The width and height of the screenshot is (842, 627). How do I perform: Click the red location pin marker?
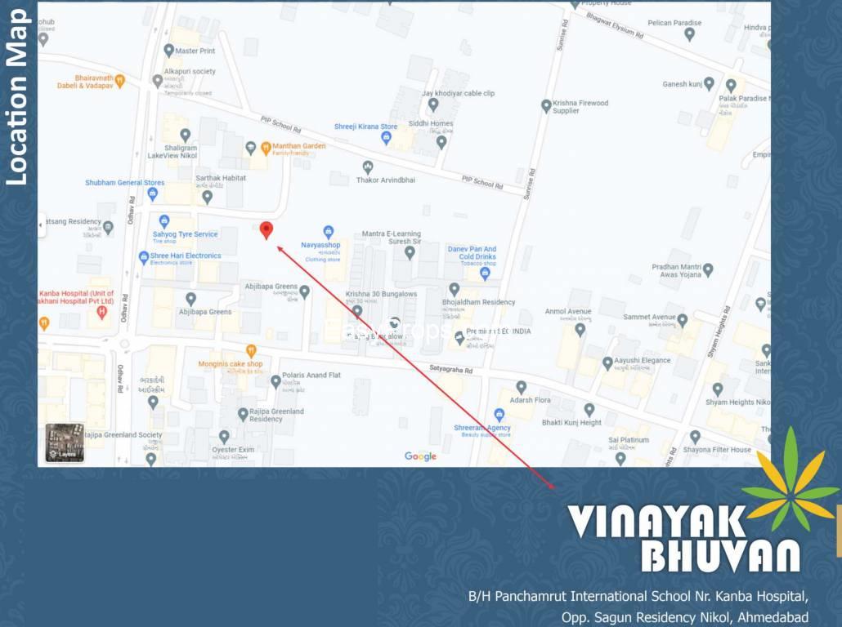click(x=266, y=230)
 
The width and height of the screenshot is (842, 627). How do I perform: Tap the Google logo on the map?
click(x=420, y=456)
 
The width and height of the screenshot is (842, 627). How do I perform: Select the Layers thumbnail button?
click(x=65, y=442)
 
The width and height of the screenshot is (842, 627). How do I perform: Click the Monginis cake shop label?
click(x=231, y=364)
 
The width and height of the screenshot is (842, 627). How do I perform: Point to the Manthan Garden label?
click(x=298, y=146)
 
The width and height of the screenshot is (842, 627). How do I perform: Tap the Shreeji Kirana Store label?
click(x=365, y=127)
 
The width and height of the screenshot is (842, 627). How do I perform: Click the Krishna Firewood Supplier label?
click(x=580, y=107)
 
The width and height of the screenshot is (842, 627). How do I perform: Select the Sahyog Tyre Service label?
click(x=185, y=234)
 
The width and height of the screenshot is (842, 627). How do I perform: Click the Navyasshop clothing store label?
click(x=320, y=245)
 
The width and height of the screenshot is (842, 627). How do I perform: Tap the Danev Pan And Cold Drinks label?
click(x=472, y=253)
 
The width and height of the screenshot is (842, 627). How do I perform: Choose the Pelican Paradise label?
click(x=674, y=23)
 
